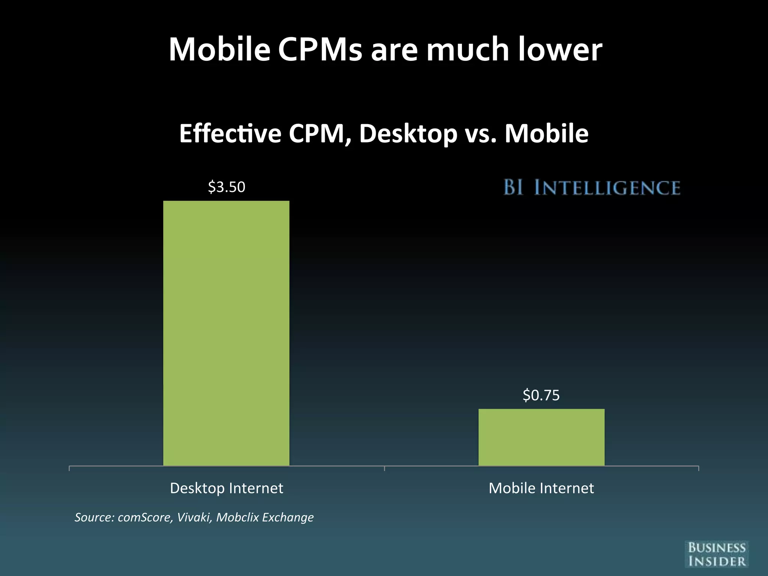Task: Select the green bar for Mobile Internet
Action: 541,437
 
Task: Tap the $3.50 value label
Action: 226,187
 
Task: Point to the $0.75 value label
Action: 541,395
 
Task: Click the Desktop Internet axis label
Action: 226,488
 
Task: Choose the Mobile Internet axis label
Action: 541,488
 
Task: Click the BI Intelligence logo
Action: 592,187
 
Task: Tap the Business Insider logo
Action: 717,554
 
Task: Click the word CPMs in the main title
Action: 320,49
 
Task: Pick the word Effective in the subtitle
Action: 230,133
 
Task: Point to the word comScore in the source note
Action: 145,517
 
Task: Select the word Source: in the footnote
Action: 94,517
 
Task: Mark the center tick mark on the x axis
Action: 384,468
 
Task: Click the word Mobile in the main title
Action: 219,49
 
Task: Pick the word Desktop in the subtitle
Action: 408,133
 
